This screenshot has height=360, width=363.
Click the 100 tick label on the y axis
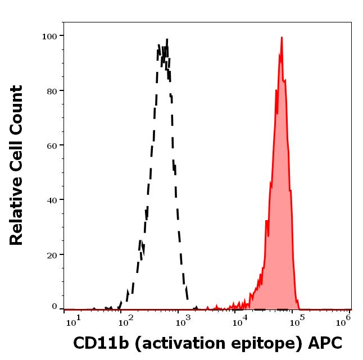(x=49, y=36)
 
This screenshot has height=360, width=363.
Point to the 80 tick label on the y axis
(x=52, y=90)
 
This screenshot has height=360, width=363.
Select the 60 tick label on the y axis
(x=52, y=145)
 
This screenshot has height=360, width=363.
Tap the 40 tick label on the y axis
(x=52, y=200)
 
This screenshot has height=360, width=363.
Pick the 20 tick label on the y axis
(x=52, y=255)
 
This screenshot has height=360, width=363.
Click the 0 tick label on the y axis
(x=55, y=307)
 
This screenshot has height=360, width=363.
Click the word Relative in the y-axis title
(x=17, y=216)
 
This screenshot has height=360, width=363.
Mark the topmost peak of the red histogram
(x=281, y=38)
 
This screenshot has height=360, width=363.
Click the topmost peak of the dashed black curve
(x=167, y=39)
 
